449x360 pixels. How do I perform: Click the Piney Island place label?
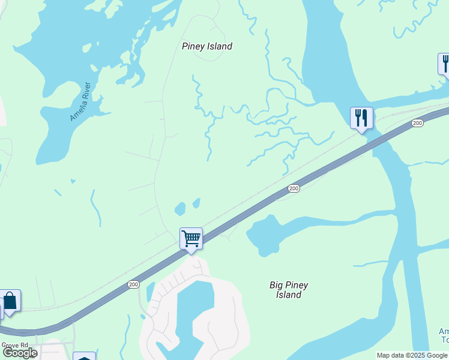click(x=207, y=46)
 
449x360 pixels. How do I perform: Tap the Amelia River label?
click(x=83, y=101)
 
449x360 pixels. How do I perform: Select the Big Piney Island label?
click(x=289, y=290)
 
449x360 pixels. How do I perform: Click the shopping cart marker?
click(x=191, y=239)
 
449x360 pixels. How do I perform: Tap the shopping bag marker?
click(x=10, y=301)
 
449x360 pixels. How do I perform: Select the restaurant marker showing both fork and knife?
click(x=361, y=118)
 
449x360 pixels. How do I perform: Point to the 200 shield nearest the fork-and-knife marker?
click(x=417, y=123)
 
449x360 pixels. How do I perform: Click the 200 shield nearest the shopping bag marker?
click(x=133, y=284)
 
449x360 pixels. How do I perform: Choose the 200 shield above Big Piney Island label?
click(x=294, y=188)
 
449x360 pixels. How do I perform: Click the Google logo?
click(x=19, y=353)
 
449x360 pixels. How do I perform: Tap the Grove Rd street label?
click(x=14, y=346)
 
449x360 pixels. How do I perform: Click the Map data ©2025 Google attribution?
click(x=412, y=355)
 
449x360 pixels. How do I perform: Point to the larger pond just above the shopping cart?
click(x=179, y=209)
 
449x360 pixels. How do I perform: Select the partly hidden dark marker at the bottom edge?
click(x=85, y=356)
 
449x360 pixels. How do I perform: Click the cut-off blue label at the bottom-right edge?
click(x=444, y=335)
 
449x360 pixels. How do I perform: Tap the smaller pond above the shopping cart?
click(x=196, y=203)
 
